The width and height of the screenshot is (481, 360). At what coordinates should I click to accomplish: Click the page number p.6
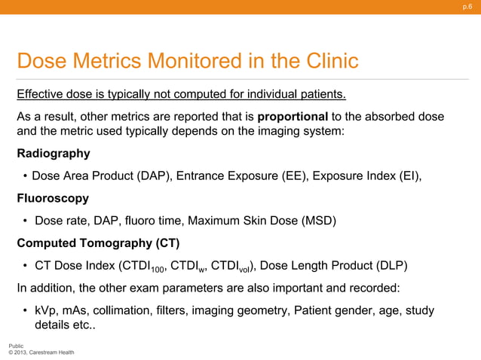467,7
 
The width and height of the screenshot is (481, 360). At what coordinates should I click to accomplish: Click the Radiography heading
54,154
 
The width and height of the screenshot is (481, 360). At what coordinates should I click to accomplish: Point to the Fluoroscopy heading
53,198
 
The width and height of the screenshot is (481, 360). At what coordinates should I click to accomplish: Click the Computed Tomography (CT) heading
98,243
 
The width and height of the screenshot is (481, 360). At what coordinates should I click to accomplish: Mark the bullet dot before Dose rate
26,221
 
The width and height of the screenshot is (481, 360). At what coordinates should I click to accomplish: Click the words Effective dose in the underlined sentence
54,94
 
